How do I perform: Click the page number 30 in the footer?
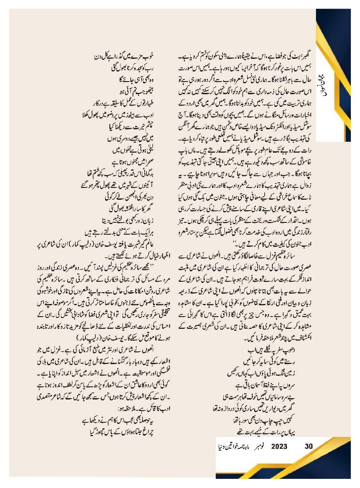click(309, 446)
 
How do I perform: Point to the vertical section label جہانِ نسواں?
click(331, 87)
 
